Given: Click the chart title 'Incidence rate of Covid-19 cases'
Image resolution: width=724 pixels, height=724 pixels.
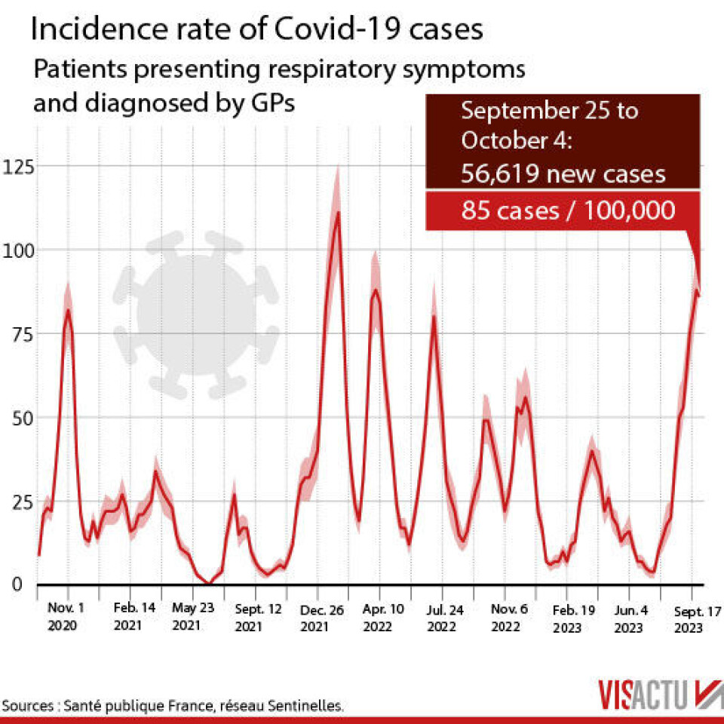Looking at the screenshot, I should point(256,30).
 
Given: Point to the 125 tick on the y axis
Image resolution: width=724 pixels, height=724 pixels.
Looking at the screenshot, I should point(18,166).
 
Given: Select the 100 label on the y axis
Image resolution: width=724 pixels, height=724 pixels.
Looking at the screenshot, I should point(18,250).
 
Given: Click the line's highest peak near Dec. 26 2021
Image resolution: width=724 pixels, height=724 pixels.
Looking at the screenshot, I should point(338,212).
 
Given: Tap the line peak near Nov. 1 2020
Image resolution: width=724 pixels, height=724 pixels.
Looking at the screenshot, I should point(68,310).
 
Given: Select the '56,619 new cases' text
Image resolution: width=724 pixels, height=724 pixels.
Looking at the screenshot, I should point(563,174).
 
